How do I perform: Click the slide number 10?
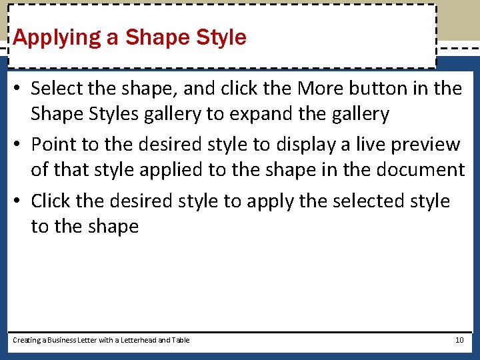coord(459,340)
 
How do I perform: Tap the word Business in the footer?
coord(63,340)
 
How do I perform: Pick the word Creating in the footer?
coord(27,340)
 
